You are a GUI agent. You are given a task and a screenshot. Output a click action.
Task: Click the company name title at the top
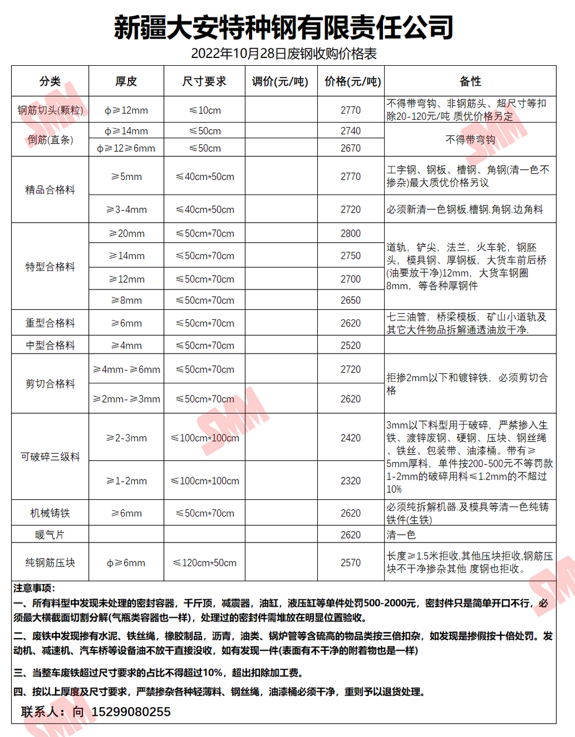(284, 27)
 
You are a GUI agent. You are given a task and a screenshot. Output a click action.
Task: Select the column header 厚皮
(126, 82)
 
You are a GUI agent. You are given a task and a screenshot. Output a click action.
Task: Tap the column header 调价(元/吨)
(280, 82)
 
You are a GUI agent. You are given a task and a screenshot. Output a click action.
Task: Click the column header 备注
(470, 82)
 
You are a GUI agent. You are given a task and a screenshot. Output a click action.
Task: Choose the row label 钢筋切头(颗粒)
(50, 110)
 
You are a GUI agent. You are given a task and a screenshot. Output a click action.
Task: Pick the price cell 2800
(350, 233)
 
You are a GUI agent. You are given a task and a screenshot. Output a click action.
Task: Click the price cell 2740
(350, 131)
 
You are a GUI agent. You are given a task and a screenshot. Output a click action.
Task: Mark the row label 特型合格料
(50, 266)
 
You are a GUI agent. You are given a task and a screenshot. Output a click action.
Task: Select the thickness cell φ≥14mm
(126, 131)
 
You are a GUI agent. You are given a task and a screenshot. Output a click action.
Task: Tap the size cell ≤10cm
(205, 110)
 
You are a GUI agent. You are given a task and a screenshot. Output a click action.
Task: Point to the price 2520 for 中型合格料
(350, 345)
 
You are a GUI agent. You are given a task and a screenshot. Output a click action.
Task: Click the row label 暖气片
(50, 535)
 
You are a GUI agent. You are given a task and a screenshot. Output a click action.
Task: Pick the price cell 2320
(350, 481)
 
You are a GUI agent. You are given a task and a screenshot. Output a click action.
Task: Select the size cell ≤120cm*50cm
(205, 563)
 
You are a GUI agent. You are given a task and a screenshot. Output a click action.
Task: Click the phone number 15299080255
(131, 712)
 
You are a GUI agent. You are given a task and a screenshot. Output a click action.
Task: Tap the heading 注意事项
(34, 588)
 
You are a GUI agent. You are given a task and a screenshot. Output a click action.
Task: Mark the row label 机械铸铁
(50, 513)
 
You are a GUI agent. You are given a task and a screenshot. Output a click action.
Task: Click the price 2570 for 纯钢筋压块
(350, 563)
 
